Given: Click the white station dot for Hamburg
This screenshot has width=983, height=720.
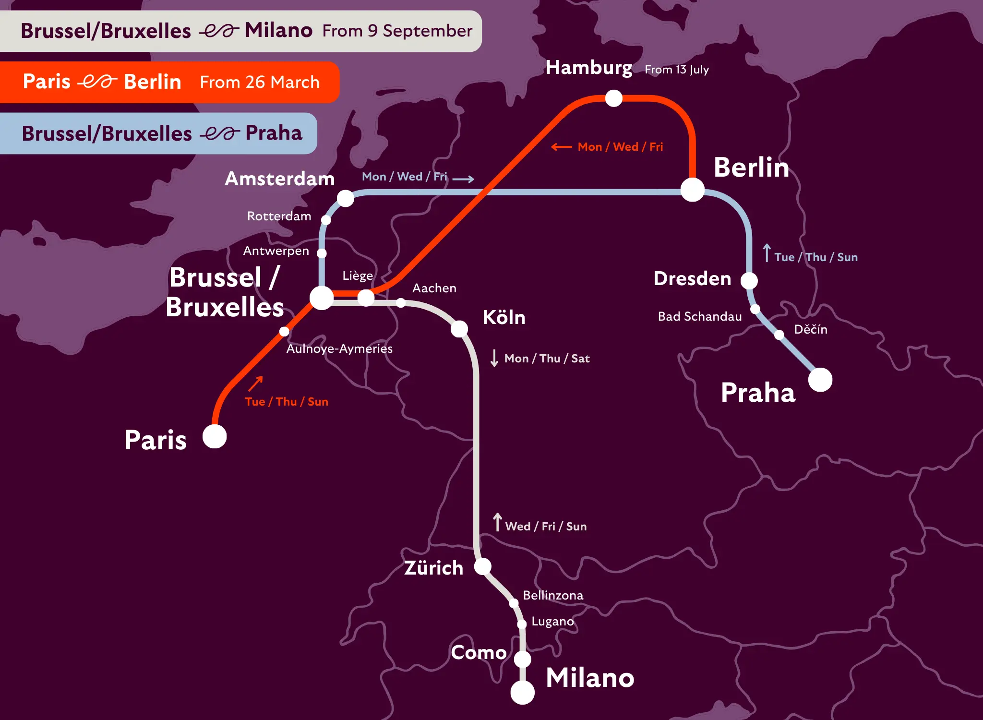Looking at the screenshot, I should [613, 98].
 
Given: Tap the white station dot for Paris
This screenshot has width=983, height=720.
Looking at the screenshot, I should [215, 436].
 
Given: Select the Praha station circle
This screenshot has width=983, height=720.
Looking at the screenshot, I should [820, 380].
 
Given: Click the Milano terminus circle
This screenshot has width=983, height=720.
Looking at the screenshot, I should [522, 692].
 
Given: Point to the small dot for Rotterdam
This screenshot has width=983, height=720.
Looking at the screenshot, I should [326, 220].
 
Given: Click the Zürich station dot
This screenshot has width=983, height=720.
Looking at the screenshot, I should [483, 566].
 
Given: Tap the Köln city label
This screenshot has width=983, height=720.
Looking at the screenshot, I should [504, 317].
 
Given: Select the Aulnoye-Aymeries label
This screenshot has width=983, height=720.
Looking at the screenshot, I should [339, 348].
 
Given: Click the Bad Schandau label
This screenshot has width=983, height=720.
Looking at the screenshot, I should [699, 316].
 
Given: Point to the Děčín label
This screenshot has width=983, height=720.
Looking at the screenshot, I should [810, 329].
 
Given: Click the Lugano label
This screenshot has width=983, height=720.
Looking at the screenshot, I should [552, 621].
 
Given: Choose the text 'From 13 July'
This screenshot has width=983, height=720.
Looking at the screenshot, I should [676, 70].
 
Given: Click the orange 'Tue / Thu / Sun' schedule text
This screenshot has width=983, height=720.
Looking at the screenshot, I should [287, 402].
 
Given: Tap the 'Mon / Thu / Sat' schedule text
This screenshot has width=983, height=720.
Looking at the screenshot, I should [547, 359].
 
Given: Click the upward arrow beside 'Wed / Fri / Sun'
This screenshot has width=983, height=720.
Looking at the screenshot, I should [498, 522].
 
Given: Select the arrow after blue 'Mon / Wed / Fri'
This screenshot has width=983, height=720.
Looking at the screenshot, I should [463, 179].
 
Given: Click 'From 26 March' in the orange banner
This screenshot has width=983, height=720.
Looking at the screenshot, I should [260, 82].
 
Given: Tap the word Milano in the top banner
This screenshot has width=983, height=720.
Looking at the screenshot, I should [278, 30].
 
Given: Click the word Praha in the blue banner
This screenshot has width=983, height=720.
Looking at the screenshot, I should [274, 133].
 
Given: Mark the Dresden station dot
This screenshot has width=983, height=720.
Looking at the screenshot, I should [749, 280].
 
